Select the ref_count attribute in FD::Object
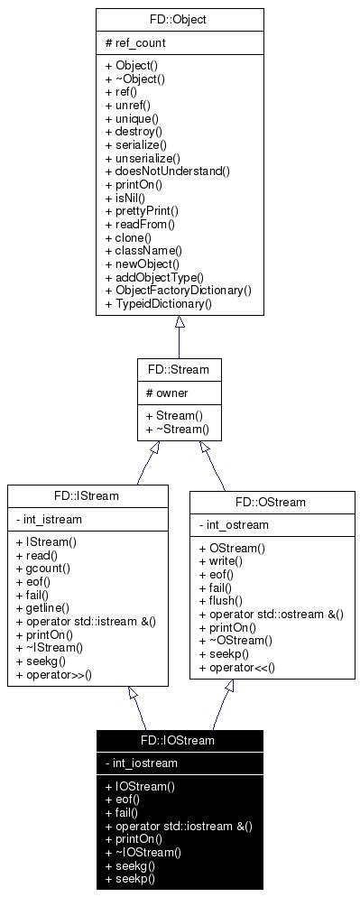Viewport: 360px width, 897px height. click(136, 42)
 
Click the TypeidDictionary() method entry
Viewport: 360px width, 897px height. click(158, 304)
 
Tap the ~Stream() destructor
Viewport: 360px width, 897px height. click(177, 430)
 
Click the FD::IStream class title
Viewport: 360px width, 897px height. click(87, 495)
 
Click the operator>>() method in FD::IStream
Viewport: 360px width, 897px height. click(60, 675)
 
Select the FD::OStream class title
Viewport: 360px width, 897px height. click(270, 502)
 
